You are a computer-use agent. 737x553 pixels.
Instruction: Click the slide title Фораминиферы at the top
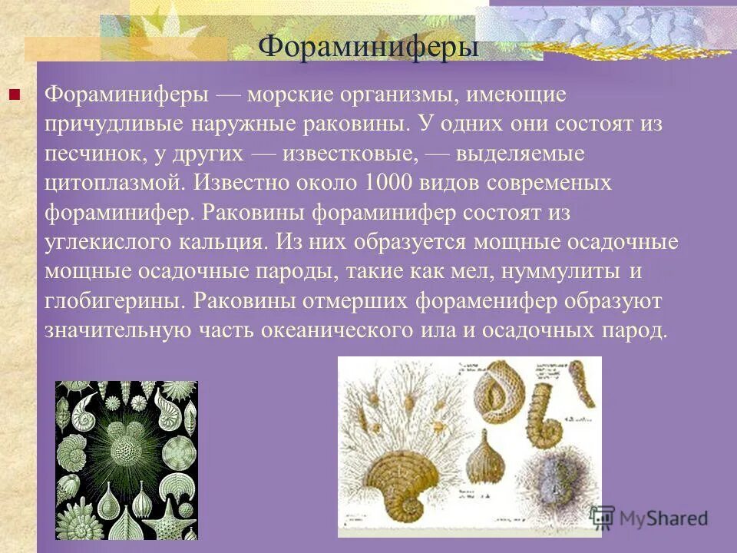click(368, 45)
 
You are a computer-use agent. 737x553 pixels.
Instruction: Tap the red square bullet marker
click(13, 96)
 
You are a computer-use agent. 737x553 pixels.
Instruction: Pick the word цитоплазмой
click(114, 183)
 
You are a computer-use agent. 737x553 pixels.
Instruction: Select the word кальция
click(227, 242)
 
